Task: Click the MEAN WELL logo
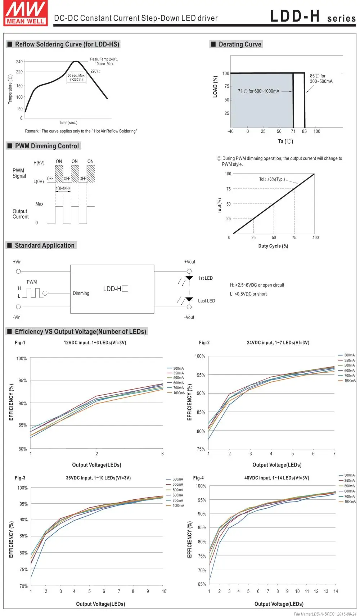click(x=26, y=13)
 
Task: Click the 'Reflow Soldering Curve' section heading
click(x=67, y=44)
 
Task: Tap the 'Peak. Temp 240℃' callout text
click(x=104, y=59)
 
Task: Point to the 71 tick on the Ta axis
click(x=293, y=131)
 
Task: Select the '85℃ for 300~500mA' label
click(x=321, y=78)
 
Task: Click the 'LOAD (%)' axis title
click(x=215, y=87)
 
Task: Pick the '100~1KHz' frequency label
click(x=63, y=188)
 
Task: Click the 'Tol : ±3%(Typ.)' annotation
click(x=272, y=179)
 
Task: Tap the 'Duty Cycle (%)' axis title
click(x=273, y=246)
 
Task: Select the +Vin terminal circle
click(x=18, y=271)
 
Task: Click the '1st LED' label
click(x=206, y=278)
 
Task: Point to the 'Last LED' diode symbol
click(x=189, y=299)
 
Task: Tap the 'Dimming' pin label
click(x=81, y=293)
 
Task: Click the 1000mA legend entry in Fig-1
click(x=176, y=393)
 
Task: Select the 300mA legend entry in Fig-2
click(x=347, y=355)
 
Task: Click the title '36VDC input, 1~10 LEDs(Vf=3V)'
click(x=98, y=478)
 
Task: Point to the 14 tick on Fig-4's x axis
click(x=336, y=591)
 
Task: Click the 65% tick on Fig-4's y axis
click(x=202, y=584)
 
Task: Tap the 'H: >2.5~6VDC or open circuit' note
click(x=257, y=285)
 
